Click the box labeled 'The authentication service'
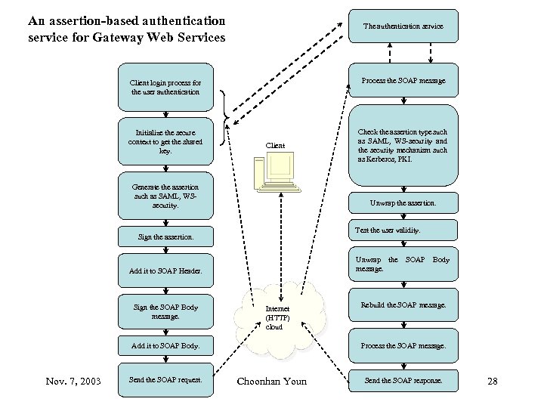[403, 26]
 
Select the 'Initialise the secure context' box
[165, 141]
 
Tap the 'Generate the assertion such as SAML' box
[165, 196]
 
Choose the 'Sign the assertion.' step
[165, 236]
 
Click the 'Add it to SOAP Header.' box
[165, 270]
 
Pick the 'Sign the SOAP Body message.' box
[165, 311]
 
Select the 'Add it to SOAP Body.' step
[165, 345]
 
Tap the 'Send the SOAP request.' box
[165, 379]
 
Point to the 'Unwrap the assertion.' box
[403, 203]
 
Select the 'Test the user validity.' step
[403, 230]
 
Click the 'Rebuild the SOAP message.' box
[403, 305]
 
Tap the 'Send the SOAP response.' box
[403, 379]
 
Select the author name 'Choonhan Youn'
[272, 381]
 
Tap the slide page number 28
[492, 381]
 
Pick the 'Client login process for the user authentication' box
[165, 87]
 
